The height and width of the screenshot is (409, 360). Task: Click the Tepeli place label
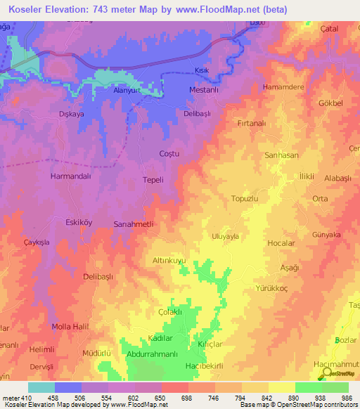point(153,180)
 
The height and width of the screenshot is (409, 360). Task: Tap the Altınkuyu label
point(169,260)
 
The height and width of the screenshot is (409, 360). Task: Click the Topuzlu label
point(246,199)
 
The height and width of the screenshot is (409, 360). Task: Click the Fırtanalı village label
point(250,123)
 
